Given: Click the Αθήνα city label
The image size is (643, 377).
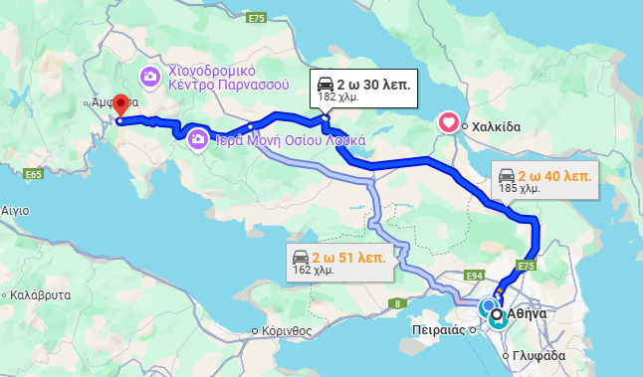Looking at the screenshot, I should [x=527, y=313].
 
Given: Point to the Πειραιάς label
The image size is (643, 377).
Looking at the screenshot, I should [x=439, y=329].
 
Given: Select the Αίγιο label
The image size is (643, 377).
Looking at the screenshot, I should [x=15, y=211].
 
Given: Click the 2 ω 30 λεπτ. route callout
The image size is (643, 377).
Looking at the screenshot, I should [x=363, y=88].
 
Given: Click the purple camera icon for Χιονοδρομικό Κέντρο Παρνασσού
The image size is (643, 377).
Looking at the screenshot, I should [x=150, y=76].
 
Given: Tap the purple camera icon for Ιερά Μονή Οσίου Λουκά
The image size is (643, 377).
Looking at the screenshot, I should [x=198, y=139].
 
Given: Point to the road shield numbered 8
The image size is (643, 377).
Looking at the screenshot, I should [x=399, y=302].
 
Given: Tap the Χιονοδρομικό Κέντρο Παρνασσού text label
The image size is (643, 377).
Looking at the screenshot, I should [x=228, y=78].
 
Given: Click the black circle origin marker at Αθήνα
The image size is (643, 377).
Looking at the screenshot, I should [x=497, y=314].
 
